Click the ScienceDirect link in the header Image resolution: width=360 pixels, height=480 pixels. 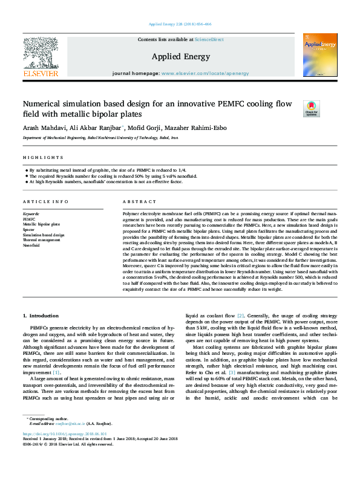point(209,39)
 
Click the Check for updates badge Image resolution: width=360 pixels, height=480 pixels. point(310,108)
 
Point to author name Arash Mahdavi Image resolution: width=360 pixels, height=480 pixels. point(43,128)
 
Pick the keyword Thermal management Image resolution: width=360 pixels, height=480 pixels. point(42,241)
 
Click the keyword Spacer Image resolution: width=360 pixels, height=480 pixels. point(28,230)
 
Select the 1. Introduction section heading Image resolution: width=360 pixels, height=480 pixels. point(41,316)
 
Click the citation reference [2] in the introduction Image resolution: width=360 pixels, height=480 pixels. point(241,316)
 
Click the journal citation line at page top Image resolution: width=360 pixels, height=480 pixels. point(180,24)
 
